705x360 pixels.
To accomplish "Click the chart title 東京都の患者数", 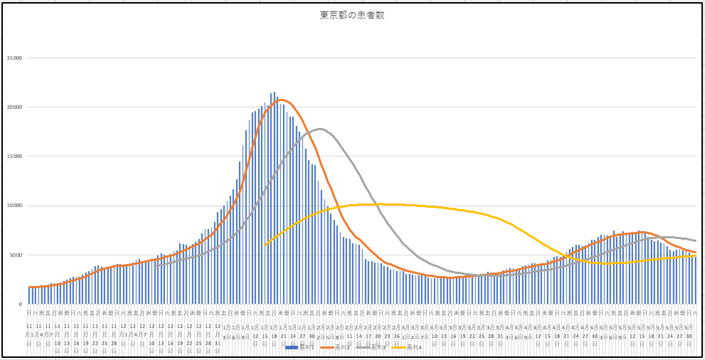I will pos(352,15).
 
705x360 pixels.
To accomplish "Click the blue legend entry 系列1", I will pos(299,347).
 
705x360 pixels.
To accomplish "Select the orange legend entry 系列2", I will pos(337,347).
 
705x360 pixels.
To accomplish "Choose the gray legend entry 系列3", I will pos(376,347).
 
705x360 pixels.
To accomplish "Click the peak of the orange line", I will pos(282,100).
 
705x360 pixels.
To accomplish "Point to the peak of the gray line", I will pos(320,129).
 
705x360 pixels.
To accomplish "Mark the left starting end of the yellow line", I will pos(265,245).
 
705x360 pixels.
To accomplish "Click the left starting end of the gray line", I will pos(155,265).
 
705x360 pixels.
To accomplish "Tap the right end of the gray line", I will pos(695,240).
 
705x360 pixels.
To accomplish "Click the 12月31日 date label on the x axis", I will pos(218,334).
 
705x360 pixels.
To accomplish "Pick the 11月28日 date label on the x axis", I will pos(114,334).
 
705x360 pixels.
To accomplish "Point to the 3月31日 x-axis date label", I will pos(500,334).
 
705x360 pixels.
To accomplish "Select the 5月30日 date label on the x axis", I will pos(689,334).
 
